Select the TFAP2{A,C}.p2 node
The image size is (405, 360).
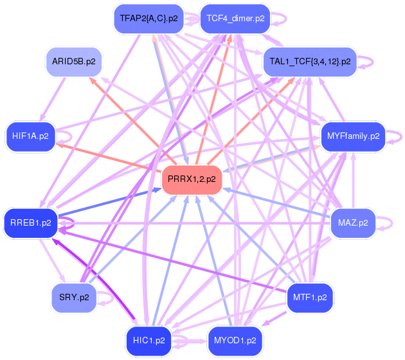click(x=148, y=18)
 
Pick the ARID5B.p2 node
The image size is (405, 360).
click(x=74, y=62)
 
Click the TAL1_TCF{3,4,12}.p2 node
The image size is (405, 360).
click(x=309, y=62)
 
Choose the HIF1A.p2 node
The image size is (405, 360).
click(x=30, y=136)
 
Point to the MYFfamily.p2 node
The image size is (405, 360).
click(x=353, y=136)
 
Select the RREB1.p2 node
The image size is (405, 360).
click(x=30, y=222)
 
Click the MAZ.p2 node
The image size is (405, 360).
click(x=353, y=223)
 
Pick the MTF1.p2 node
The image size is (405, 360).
click(x=310, y=297)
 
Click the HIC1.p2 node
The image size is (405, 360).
click(x=148, y=340)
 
